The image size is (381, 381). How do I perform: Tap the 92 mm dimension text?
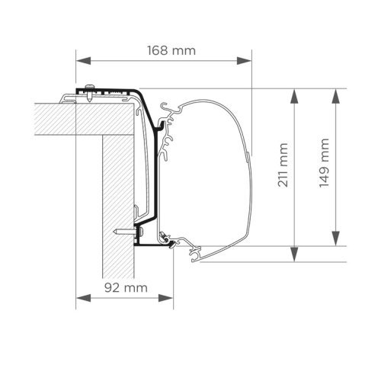(x=126, y=287)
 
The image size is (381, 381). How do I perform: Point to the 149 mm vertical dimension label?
(x=325, y=164)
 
